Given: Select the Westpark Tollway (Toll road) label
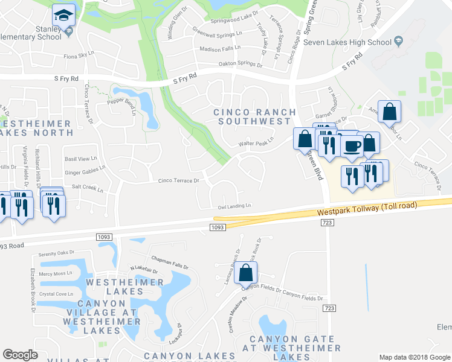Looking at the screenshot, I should click(367, 208).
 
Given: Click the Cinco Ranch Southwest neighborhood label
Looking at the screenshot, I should click(255, 116).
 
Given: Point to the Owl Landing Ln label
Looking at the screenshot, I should click(234, 206).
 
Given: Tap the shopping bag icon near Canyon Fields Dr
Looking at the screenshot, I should click(246, 273).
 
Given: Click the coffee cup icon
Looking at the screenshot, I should click(351, 145).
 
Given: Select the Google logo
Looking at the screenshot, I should click(20, 355).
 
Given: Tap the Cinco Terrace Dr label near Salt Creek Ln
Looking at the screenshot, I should click(178, 180).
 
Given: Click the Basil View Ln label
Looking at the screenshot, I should click(80, 159).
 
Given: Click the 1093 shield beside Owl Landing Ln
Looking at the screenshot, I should click(218, 227).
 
